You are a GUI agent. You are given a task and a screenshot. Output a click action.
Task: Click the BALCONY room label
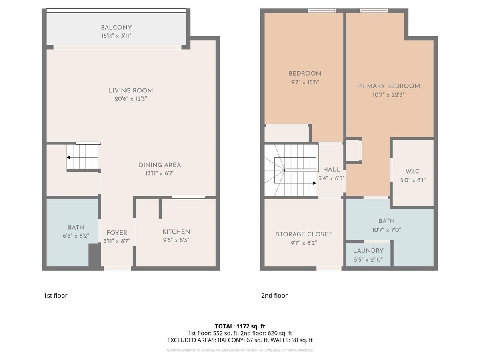(116, 28)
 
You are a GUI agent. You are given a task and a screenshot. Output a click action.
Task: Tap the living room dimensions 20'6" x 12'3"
(131, 98)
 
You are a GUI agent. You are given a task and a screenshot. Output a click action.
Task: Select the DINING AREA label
(160, 165)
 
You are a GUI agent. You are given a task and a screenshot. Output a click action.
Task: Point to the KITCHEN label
(176, 232)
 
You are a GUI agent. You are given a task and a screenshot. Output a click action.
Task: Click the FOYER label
(116, 233)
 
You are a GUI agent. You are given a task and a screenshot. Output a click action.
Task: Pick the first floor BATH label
(76, 227)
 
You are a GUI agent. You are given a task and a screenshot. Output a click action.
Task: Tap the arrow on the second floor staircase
(314, 183)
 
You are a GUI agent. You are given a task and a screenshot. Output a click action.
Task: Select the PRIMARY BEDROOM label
(388, 86)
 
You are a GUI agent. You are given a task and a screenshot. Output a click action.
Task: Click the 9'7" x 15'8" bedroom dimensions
(305, 82)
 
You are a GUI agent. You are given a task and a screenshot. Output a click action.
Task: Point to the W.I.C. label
(413, 171)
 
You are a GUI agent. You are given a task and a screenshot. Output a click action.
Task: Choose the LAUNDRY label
(368, 251)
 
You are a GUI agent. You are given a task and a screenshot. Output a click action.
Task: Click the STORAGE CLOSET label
(304, 234)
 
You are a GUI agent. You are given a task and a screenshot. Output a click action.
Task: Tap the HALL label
(331, 170)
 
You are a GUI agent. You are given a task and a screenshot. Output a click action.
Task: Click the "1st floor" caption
(55, 296)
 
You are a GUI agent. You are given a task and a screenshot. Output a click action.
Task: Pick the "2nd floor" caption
(274, 296)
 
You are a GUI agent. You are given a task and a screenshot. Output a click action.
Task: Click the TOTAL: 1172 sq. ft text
(240, 326)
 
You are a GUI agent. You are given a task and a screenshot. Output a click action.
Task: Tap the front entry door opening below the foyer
(117, 268)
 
